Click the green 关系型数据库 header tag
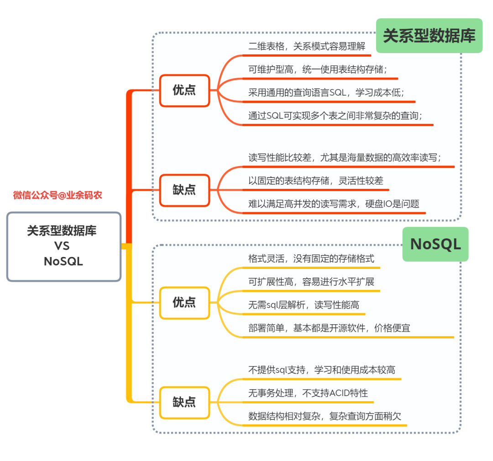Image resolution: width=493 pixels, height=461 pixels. pyautogui.click(x=429, y=36)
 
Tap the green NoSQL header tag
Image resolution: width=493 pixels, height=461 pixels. pyautogui.click(x=435, y=244)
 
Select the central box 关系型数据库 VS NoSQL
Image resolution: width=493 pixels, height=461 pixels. pyautogui.click(x=63, y=246)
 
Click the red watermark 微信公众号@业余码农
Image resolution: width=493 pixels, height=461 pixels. pyautogui.click(x=58, y=195)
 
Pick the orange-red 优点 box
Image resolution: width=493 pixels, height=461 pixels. pyautogui.click(x=184, y=90)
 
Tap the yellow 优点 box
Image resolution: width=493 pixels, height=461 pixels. pyautogui.click(x=184, y=302)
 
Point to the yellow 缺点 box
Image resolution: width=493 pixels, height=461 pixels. pyautogui.click(x=184, y=402)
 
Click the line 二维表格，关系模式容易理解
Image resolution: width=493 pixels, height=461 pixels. pyautogui.click(x=306, y=46)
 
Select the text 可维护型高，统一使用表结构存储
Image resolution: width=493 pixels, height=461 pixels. pyautogui.click(x=318, y=70)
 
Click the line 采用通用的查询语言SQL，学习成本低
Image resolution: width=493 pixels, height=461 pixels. pyautogui.click(x=326, y=93)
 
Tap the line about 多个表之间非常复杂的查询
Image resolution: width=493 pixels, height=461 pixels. pyautogui.click(x=335, y=116)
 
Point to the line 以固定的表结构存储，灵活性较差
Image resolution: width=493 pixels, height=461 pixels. pyautogui.click(x=315, y=181)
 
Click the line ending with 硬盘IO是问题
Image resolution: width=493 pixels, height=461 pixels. pyautogui.click(x=333, y=204)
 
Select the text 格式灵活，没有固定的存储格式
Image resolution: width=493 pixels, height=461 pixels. pyautogui.click(x=311, y=258)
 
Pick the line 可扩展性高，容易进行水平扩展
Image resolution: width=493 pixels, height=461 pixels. pyautogui.click(x=311, y=282)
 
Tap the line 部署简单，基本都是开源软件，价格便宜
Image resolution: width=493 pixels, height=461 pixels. pyautogui.click(x=329, y=328)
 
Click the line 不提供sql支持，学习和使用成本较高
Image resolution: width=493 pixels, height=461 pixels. pyautogui.click(x=321, y=370)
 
